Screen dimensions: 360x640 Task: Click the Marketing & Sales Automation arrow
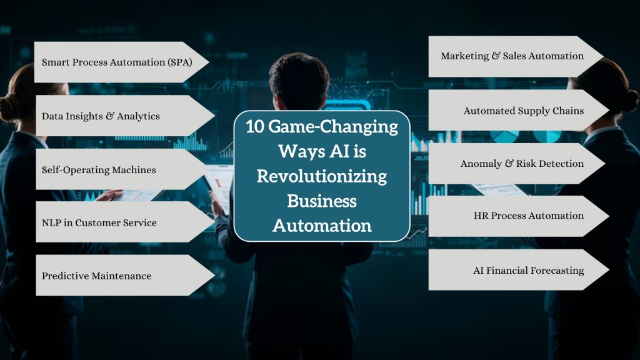(512, 56)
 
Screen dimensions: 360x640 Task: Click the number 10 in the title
(256, 127)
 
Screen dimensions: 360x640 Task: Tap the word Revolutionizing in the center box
(322, 176)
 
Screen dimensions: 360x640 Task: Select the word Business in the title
(322, 201)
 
